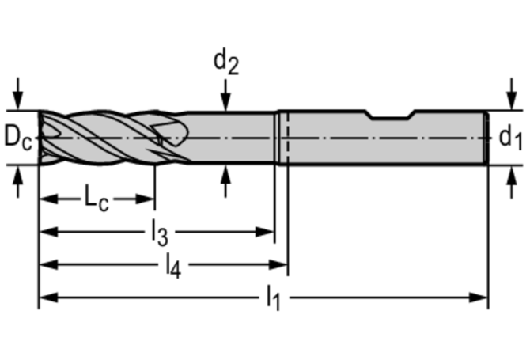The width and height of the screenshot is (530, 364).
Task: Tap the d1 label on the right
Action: (x=510, y=138)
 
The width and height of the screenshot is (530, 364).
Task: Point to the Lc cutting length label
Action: (x=96, y=199)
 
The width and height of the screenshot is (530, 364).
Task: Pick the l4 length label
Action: (x=172, y=267)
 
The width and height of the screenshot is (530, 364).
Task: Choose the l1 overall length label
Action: (x=273, y=298)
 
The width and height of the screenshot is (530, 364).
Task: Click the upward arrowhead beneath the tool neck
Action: (x=226, y=172)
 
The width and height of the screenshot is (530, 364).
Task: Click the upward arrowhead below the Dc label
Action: (x=18, y=172)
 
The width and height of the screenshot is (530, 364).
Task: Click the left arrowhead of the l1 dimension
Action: (x=47, y=298)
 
